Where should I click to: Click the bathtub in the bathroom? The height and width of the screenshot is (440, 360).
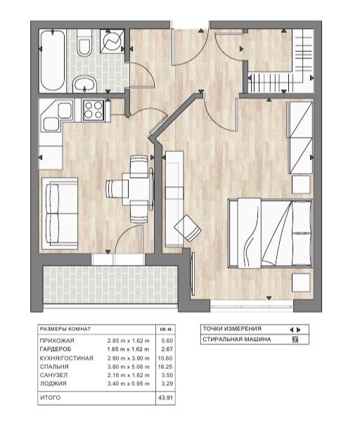(x=53, y=60)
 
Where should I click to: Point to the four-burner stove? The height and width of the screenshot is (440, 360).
(x=94, y=110)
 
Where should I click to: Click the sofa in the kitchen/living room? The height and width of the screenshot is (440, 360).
(x=60, y=213)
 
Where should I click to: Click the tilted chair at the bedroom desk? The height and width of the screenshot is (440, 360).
(x=188, y=228)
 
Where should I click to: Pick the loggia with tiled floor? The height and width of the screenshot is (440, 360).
(x=110, y=284)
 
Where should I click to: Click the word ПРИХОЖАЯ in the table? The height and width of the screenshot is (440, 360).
(x=57, y=341)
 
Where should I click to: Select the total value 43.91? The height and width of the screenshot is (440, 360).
(x=165, y=398)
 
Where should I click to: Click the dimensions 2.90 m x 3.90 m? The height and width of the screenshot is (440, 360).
(x=129, y=358)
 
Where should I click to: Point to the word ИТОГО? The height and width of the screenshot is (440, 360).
(x=50, y=398)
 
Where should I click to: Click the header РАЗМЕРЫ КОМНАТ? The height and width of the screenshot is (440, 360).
(x=65, y=329)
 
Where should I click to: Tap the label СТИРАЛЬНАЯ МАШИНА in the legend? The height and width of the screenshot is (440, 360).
(x=237, y=339)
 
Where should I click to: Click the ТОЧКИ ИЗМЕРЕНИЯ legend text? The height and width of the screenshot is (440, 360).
(x=232, y=329)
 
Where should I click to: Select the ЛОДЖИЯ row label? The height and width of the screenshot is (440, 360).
(x=53, y=384)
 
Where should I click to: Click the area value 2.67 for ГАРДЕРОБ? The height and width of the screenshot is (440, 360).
(x=167, y=349)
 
